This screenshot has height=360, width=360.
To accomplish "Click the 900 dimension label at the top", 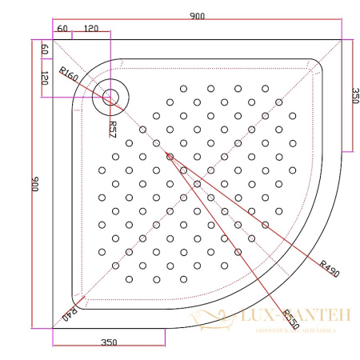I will (x=194, y=16).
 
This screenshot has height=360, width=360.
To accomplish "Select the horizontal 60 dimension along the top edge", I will (x=61, y=28).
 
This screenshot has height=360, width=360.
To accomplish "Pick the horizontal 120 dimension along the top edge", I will (x=91, y=28).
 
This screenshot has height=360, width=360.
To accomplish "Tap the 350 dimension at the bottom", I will (x=110, y=342).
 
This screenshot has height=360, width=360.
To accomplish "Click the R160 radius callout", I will (x=68, y=78).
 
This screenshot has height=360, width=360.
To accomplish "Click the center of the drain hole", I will (x=110, y=98).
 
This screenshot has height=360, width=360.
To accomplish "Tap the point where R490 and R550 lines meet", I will (x=170, y=157).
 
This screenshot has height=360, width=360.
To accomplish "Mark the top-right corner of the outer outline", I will (x=342, y=38).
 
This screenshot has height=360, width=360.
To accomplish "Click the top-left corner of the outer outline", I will (x=53, y=38).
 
